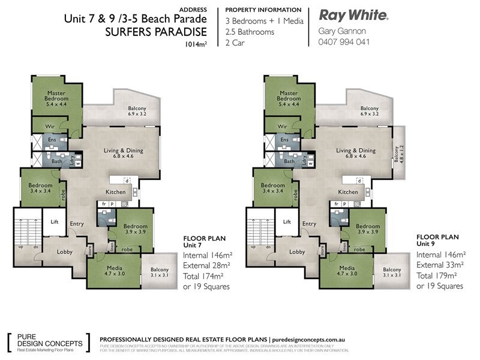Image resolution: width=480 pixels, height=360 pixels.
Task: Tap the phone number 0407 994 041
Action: coord(344,42)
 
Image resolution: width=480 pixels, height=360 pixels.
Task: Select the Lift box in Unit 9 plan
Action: coord(286,222)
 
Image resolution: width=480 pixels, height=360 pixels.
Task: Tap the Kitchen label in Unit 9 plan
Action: coord(348,192)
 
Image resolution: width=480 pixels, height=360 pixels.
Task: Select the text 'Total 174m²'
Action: coord(207,276)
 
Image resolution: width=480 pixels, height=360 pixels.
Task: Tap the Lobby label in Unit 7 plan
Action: coord(64,252)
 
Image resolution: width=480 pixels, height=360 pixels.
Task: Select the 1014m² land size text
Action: coord(197,44)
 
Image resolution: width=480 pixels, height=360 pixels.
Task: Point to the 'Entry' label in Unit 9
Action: coord(309,224)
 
